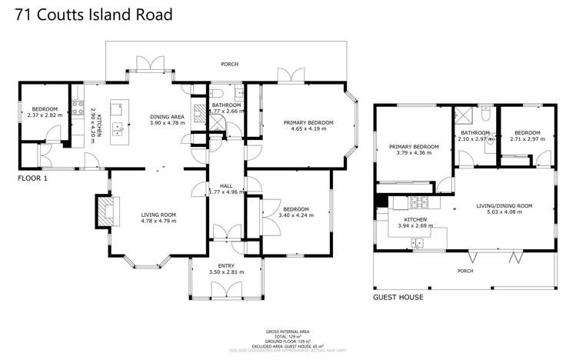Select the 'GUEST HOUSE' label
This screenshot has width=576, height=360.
click(398, 296)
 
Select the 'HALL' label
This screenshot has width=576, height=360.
click(225, 185)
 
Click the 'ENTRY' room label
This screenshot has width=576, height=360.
click(225, 265)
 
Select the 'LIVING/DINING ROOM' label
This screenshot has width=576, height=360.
click(504, 205)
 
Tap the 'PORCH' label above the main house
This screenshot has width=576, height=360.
click(229, 66)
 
